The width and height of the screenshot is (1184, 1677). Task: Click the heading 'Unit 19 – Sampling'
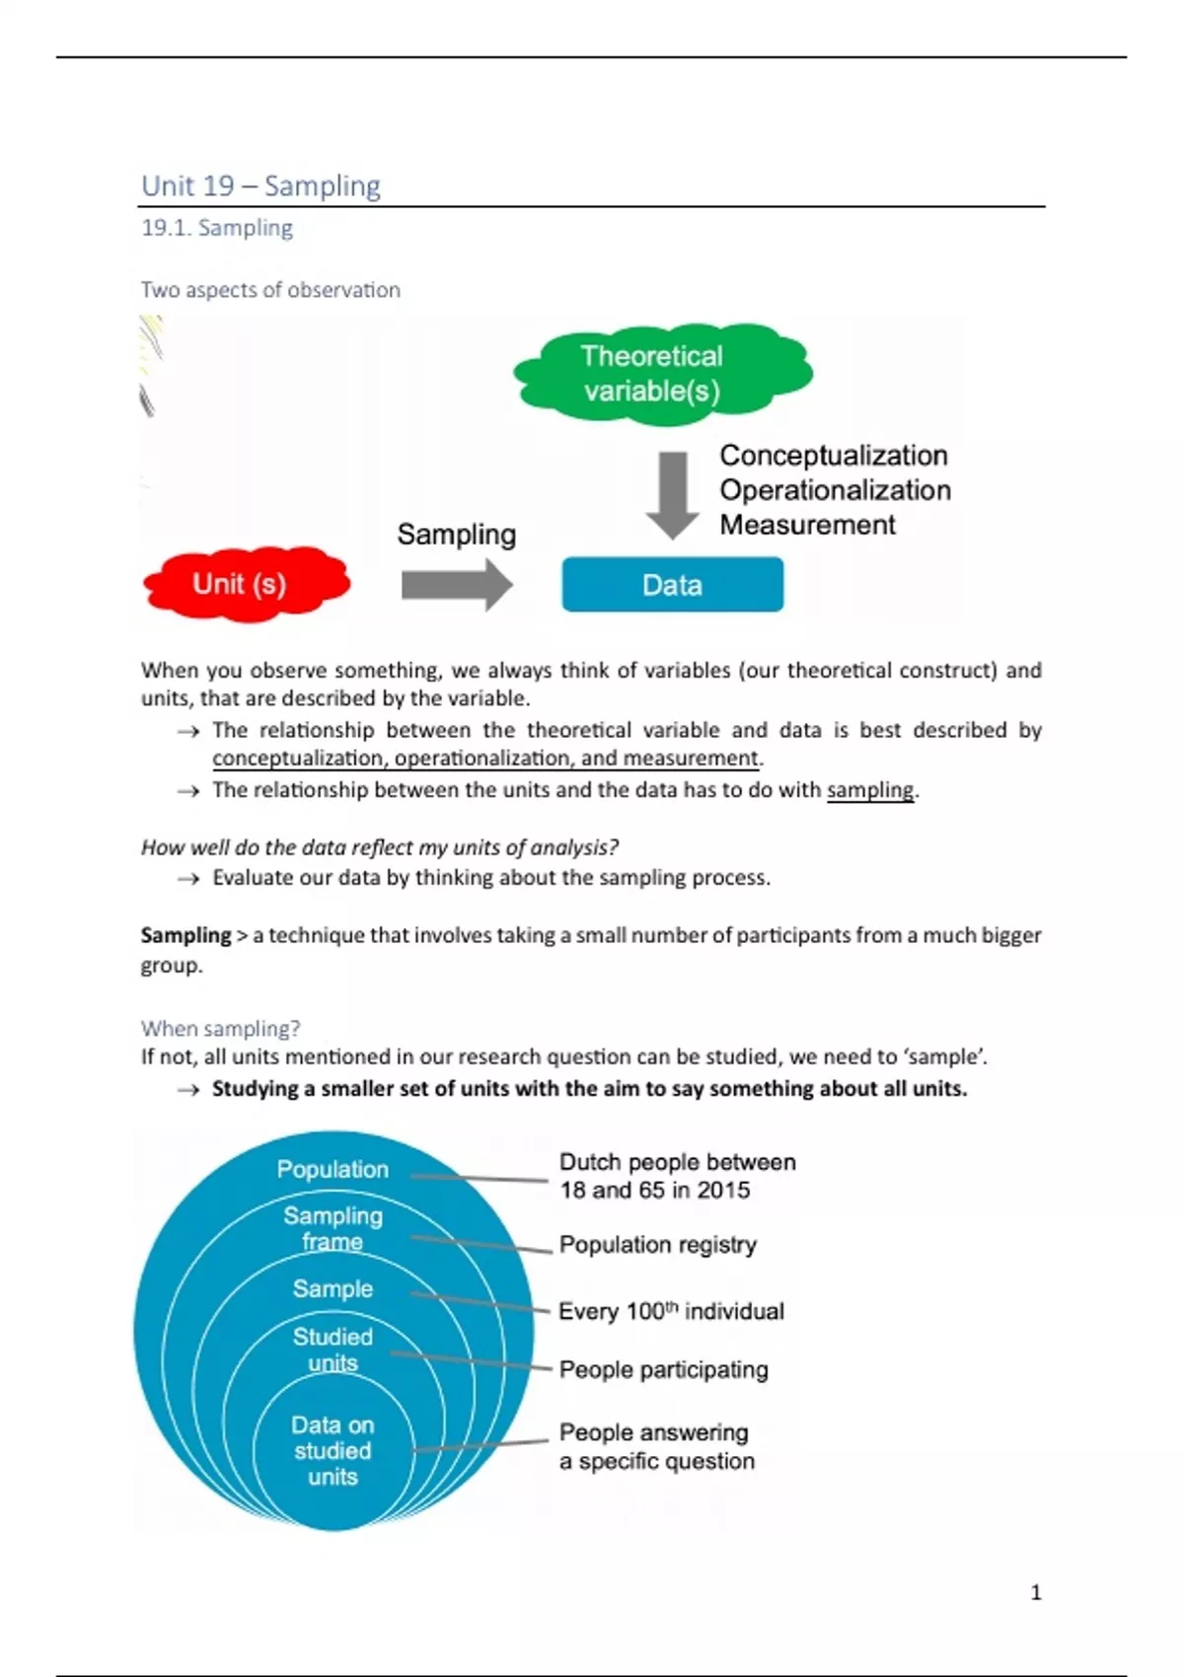(x=260, y=185)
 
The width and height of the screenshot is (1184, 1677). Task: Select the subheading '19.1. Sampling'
(x=217, y=228)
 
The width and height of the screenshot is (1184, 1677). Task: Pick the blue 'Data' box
(x=672, y=585)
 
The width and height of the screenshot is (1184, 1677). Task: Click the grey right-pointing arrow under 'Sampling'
(x=456, y=585)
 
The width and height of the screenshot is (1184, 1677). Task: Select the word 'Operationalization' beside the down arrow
(x=835, y=490)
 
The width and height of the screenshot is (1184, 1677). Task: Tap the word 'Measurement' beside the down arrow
(x=807, y=525)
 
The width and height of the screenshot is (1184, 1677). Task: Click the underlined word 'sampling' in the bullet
(x=870, y=790)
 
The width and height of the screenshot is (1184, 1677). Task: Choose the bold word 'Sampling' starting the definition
(x=185, y=935)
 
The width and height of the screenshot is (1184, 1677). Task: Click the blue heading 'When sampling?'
(x=220, y=1028)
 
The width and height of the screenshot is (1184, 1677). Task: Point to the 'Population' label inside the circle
(x=333, y=1169)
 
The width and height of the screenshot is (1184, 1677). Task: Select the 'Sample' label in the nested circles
(x=333, y=1288)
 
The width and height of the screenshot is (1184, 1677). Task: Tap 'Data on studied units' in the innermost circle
(x=333, y=1450)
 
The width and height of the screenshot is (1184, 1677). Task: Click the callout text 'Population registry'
(x=657, y=1245)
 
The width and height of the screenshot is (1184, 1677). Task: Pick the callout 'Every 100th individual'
(x=671, y=1311)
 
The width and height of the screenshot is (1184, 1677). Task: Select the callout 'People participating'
(x=663, y=1369)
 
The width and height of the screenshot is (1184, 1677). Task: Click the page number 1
(x=1036, y=1592)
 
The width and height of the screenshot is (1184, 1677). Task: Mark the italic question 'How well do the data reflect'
(x=380, y=847)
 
